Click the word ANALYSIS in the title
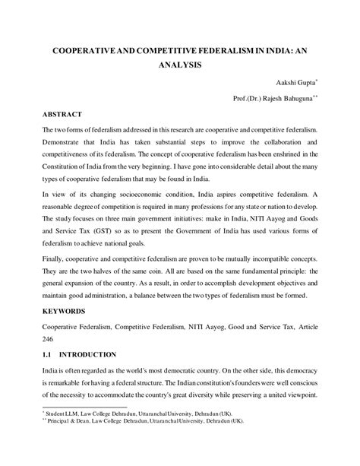pos(179,65)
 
